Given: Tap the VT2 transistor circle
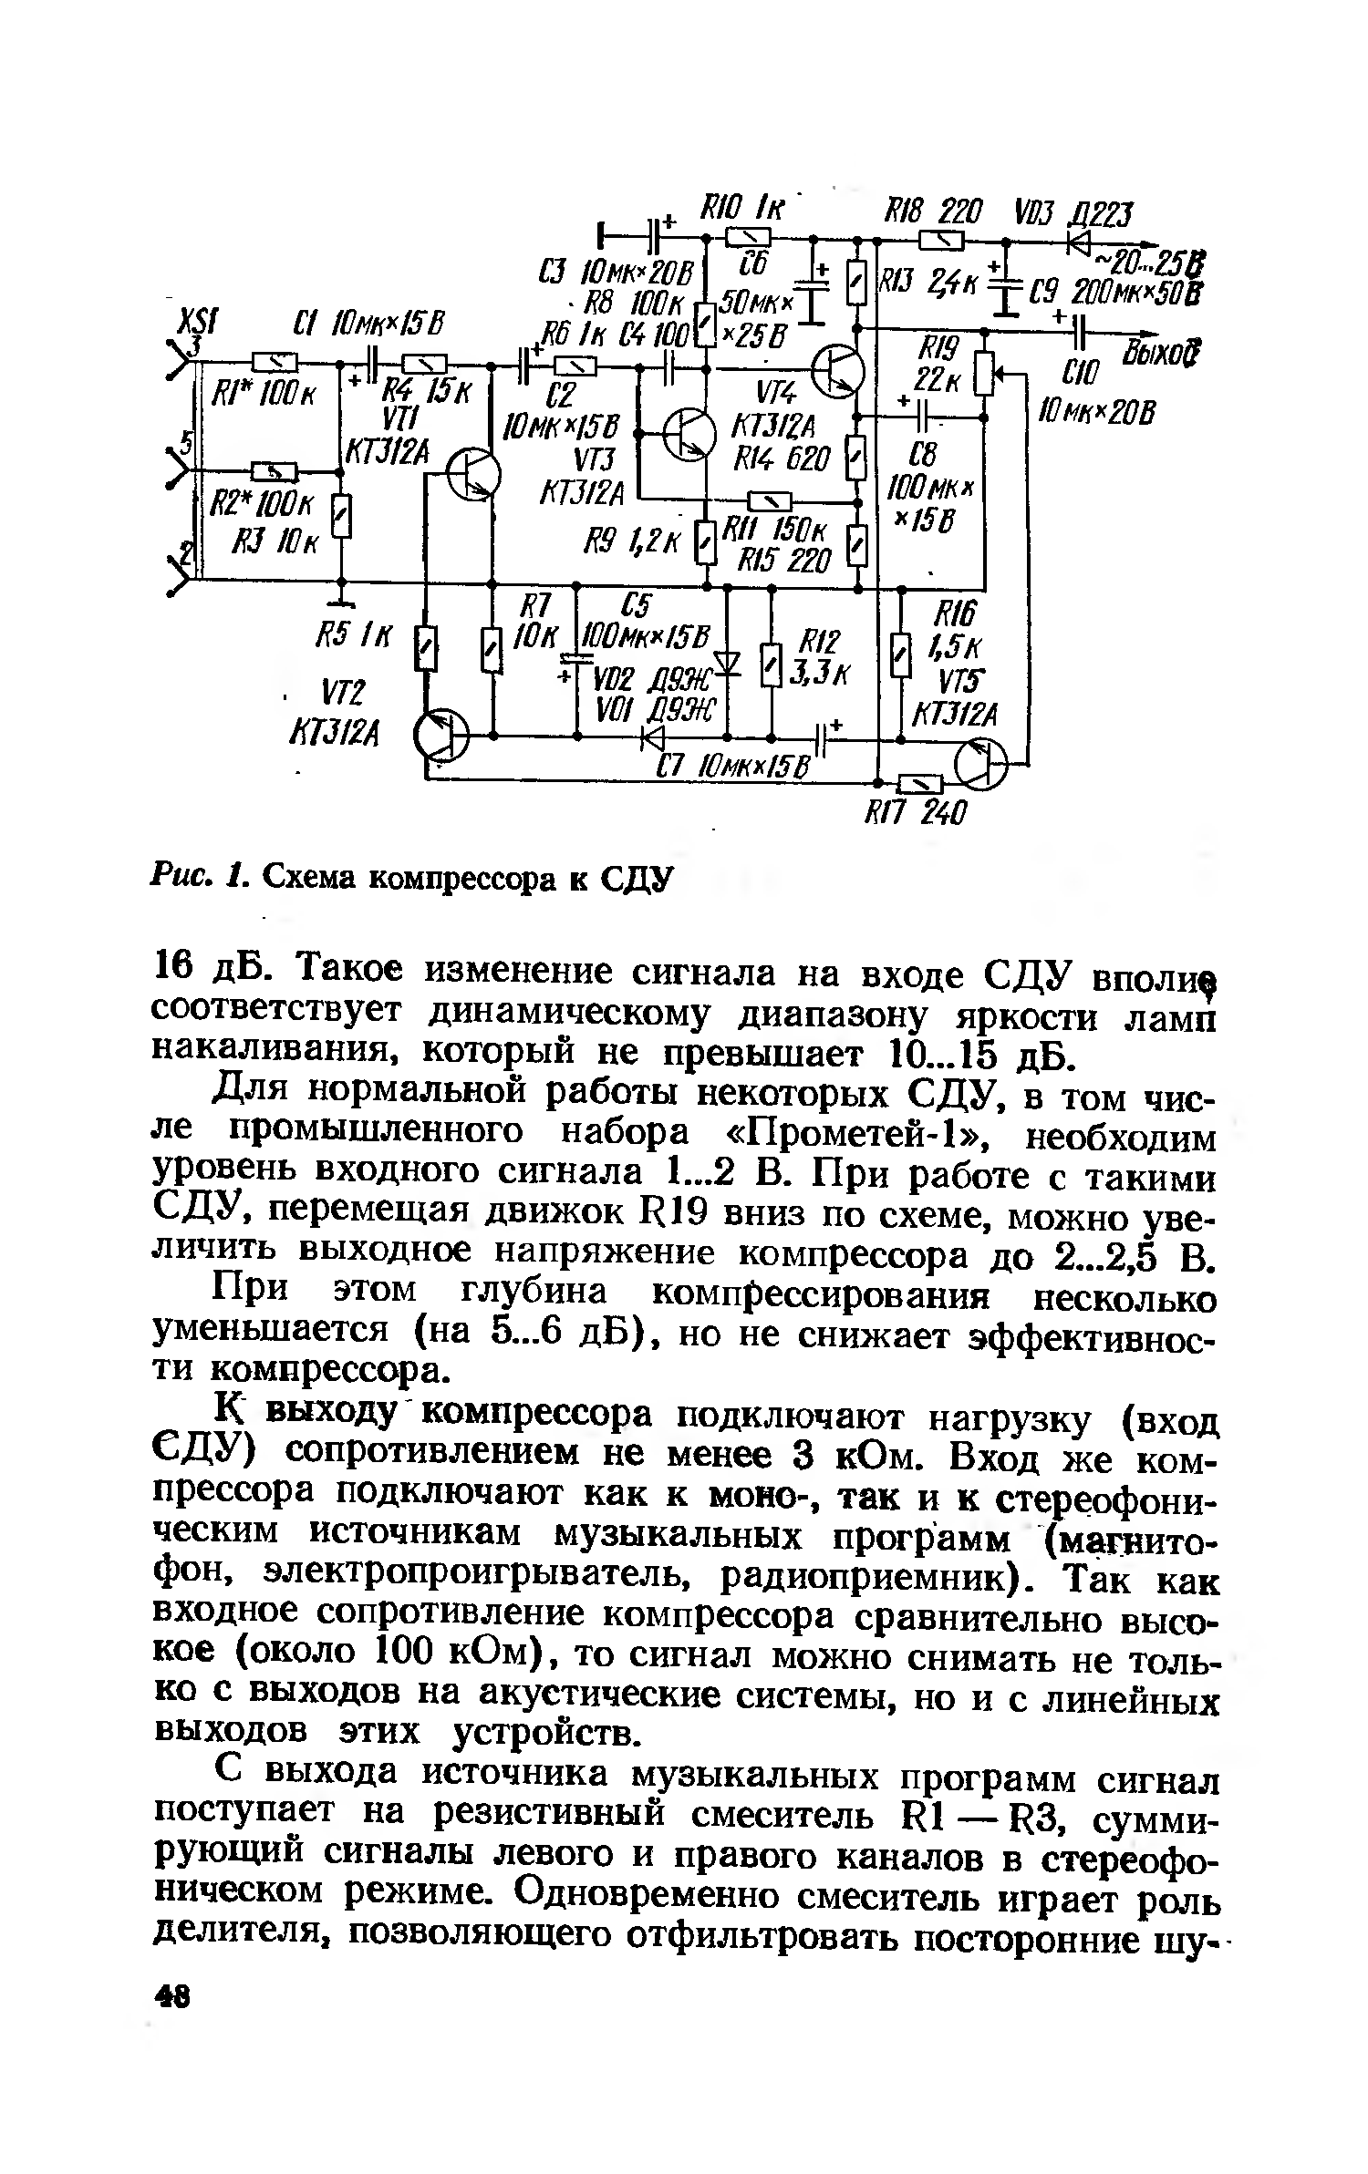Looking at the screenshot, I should [441, 734].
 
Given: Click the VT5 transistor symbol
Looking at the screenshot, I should [980, 764].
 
